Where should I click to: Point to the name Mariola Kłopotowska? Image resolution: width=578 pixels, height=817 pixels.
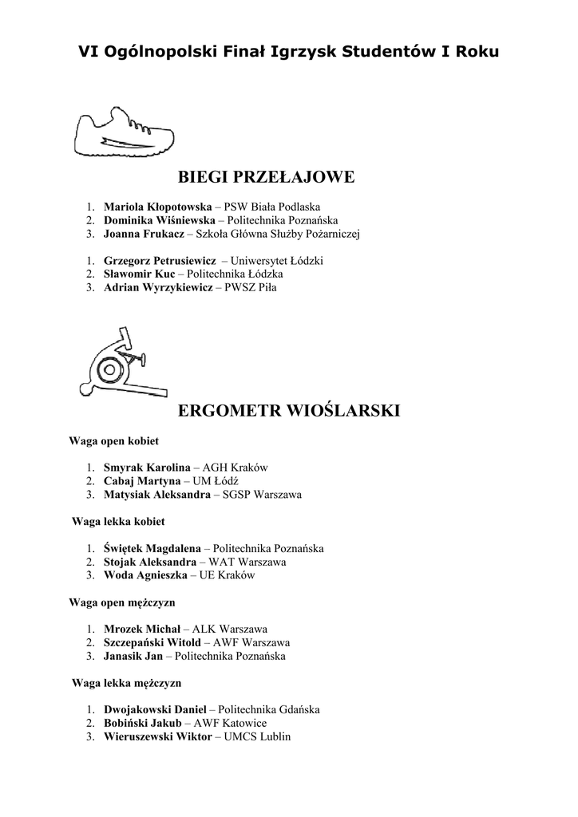point(158,206)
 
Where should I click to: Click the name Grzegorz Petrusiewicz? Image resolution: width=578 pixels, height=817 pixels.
point(160,260)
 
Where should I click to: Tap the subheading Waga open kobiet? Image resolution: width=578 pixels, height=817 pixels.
point(113,440)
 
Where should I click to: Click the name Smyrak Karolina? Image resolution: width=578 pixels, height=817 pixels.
point(147,468)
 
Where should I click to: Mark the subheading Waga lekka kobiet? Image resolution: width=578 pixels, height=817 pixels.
point(118,521)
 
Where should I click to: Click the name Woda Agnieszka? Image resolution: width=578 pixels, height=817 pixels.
point(145,575)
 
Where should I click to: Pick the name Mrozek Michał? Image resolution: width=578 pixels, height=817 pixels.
point(142,630)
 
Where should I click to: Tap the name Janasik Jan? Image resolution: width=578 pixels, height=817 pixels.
point(133,657)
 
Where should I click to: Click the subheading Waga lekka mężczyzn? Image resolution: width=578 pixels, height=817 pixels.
point(127,683)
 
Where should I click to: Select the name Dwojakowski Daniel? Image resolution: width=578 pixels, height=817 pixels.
point(156,709)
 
